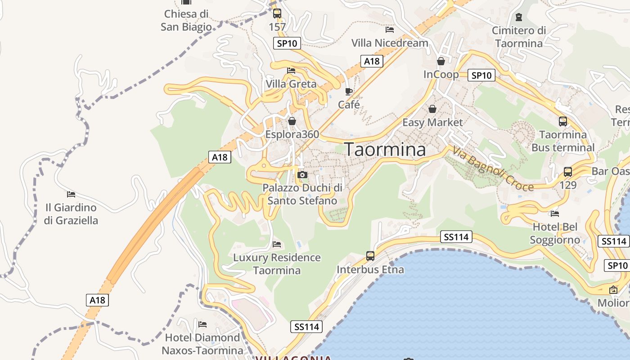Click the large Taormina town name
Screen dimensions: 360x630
385,150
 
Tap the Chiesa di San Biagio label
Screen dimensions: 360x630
186,20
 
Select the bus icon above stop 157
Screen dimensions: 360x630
277,13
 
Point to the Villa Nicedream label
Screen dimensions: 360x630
390,43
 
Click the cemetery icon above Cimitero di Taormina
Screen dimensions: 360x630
519,17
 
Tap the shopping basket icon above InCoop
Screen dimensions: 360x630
441,61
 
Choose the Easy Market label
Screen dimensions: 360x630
432,122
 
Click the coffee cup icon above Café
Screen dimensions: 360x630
349,92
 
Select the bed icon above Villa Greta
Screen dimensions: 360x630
291,71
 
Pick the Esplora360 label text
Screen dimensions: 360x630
292,134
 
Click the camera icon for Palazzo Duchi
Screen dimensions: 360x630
302,175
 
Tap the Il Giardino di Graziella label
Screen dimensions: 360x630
71,214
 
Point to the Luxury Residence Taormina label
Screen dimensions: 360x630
277,264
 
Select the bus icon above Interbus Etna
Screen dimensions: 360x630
370,256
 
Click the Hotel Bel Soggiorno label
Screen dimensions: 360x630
555,233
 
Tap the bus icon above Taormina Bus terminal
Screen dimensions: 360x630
563,121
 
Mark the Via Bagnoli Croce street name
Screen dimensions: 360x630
493,169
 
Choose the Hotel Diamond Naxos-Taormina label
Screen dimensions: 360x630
202,344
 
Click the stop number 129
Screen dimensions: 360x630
568,184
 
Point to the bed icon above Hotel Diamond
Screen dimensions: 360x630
202,324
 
